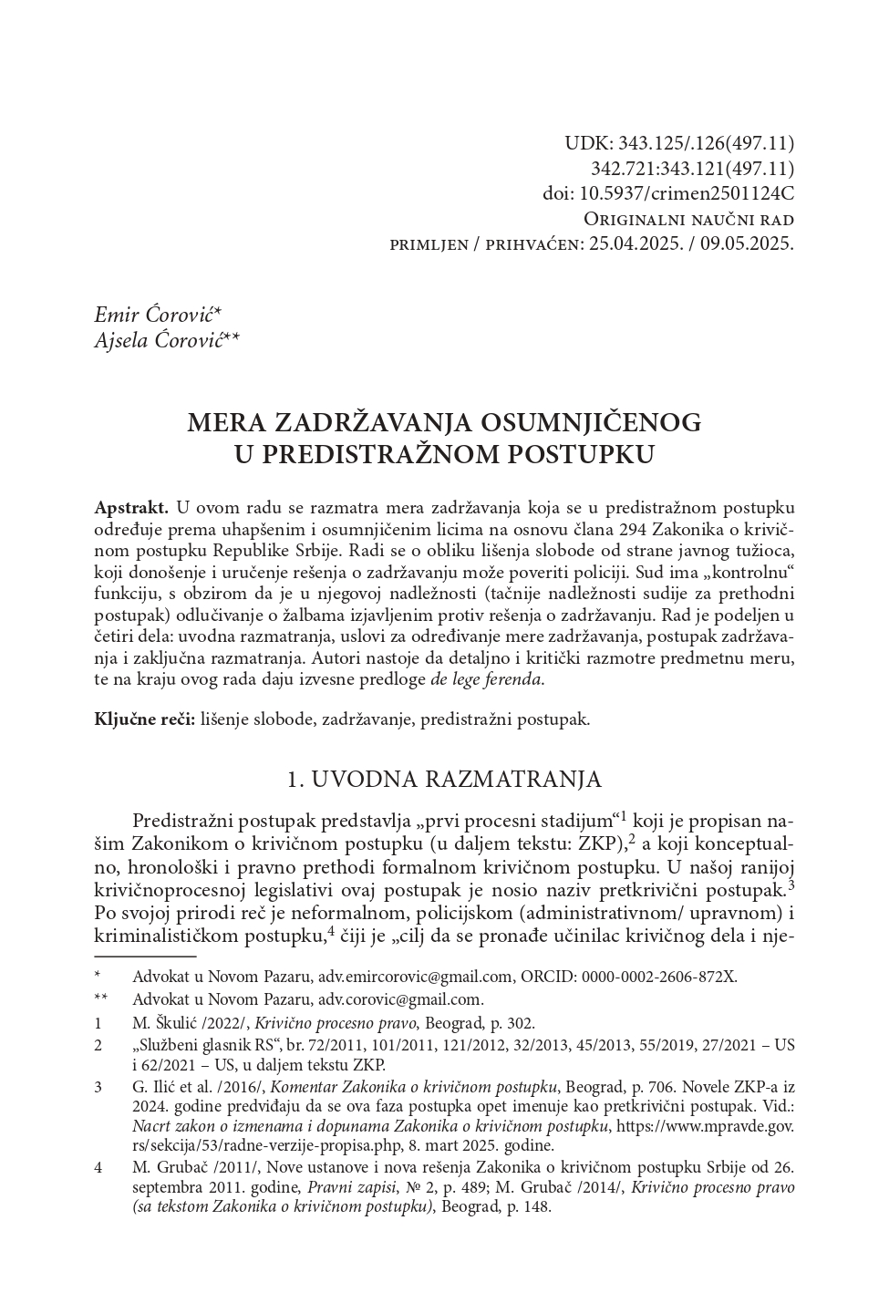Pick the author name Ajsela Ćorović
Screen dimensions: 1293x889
click(166, 340)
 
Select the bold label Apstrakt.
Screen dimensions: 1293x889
click(131, 507)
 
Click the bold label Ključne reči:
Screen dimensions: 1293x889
click(145, 719)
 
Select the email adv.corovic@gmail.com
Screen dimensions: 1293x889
click(400, 999)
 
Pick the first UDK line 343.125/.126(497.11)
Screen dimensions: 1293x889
click(707, 143)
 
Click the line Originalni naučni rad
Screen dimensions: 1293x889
click(688, 220)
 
